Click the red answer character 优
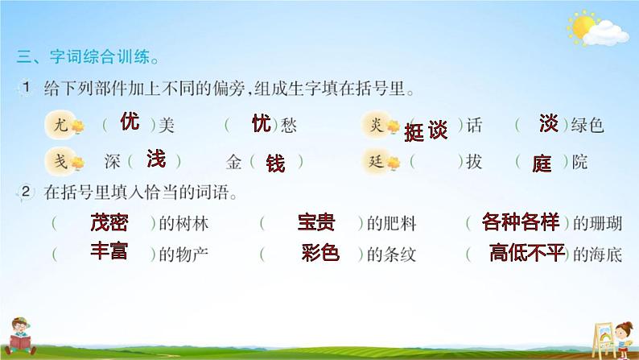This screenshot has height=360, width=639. tap(130, 122)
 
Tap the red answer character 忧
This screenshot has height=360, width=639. tap(262, 123)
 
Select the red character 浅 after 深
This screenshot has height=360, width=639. tap(156, 159)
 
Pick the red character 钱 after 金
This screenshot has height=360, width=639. tap(275, 163)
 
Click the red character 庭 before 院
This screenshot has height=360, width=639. tap(542, 163)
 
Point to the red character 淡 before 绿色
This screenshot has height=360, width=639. tap(549, 123)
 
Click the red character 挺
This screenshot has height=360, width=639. tap(414, 132)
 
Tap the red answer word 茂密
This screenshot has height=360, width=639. tap(109, 222)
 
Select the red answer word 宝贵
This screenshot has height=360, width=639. tap(316, 222)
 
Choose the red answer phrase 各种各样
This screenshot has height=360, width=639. tap(521, 222)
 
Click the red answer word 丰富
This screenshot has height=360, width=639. tap(109, 250)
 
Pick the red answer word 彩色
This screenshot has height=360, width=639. tap(320, 252)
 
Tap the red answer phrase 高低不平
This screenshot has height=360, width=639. tap(527, 252)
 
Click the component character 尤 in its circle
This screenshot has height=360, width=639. tap(60, 123)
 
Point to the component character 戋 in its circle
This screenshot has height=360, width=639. tap(60, 160)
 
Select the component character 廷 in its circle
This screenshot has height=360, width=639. tap(376, 161)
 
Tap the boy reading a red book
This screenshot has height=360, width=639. tap(19, 337)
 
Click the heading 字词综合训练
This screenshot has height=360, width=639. tap(100, 56)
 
